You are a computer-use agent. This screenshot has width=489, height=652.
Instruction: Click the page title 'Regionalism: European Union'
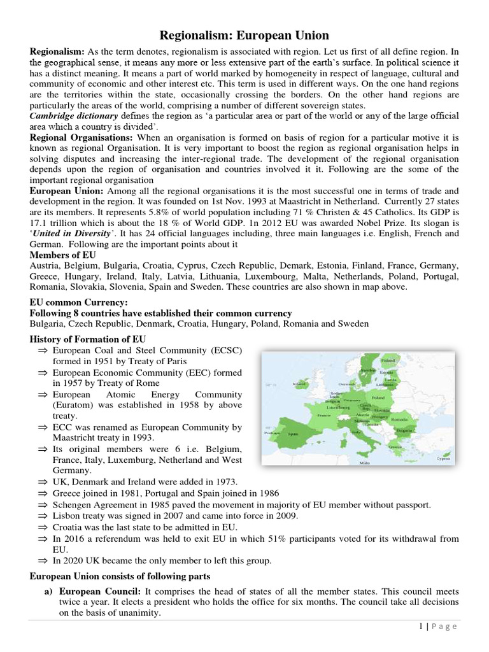[x=244, y=36]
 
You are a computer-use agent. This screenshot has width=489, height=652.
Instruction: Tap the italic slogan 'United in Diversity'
[x=68, y=234]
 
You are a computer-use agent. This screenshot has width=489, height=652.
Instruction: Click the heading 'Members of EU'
[x=60, y=255]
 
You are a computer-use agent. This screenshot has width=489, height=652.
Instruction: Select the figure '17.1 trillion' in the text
[x=54, y=223]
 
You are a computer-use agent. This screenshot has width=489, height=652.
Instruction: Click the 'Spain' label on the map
[x=292, y=434]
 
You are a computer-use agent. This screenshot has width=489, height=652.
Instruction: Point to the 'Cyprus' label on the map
[x=443, y=458]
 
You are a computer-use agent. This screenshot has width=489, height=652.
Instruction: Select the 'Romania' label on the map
[x=399, y=420]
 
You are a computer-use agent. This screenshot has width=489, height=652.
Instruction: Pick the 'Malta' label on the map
[x=365, y=463]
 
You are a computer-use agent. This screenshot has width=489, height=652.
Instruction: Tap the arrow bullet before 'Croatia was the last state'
[x=42, y=527]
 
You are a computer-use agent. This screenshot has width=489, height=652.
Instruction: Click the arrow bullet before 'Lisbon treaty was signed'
[x=42, y=516]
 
